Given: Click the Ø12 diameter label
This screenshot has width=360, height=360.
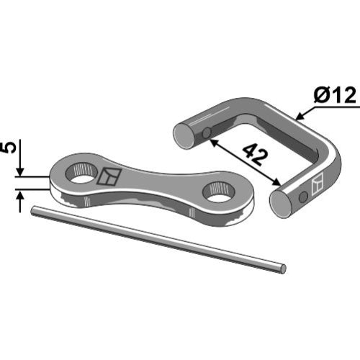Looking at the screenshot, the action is [x=335, y=95].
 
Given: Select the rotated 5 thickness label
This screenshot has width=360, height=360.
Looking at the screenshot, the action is [x=9, y=148].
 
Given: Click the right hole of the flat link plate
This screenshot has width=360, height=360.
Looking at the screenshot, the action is [x=219, y=192].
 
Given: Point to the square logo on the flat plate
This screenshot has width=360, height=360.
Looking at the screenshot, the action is [x=109, y=176].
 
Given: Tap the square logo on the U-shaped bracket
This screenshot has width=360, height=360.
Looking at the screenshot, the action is [x=318, y=184].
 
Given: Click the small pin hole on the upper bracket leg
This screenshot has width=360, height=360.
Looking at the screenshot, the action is [x=207, y=132].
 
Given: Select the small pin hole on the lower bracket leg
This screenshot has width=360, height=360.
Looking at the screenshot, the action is [x=303, y=197].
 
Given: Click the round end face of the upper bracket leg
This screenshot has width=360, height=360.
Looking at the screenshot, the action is [x=184, y=136].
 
